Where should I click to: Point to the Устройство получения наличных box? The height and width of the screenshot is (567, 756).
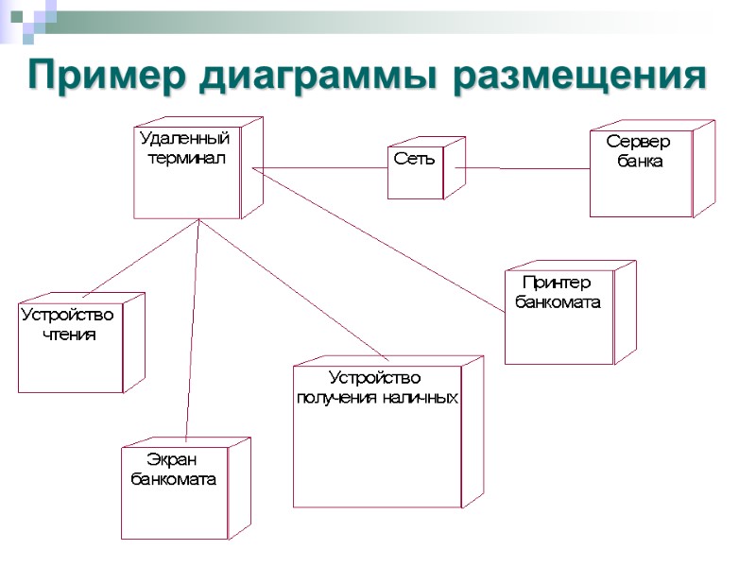[x=377, y=439]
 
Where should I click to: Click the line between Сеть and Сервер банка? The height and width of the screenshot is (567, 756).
[x=524, y=168]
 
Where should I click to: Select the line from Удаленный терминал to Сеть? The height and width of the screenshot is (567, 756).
[x=321, y=168]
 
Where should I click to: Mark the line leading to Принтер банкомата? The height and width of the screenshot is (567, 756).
[x=378, y=241]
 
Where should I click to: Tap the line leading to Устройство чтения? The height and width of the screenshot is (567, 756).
[x=142, y=257]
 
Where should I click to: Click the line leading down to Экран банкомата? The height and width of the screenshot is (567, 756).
[x=193, y=331]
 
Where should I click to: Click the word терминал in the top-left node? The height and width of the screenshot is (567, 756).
[x=187, y=158]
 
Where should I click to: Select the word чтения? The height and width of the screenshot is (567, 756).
[x=70, y=334]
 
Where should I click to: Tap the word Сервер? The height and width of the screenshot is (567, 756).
[x=638, y=142]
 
